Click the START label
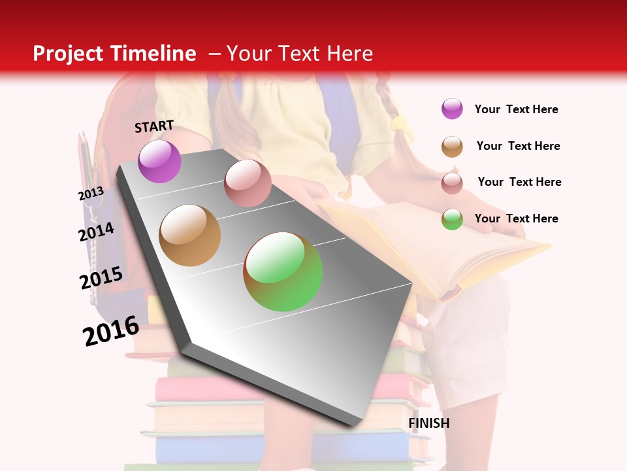pos(154,126)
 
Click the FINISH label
pos(428,423)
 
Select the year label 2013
pos(91,194)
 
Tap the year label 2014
pos(96,232)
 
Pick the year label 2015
pos(101,278)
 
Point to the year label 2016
pos(111,330)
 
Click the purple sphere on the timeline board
pos(159,161)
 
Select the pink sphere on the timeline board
pos(248,183)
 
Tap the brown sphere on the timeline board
pos(189,235)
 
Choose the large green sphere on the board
pos(283,271)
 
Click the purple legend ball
pos(452,109)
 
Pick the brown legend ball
pos(452,147)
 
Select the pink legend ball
pos(452,183)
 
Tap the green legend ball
pos(452,219)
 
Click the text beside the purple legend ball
pos(516,110)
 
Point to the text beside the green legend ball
pos(516,218)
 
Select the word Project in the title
pos(69,54)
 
